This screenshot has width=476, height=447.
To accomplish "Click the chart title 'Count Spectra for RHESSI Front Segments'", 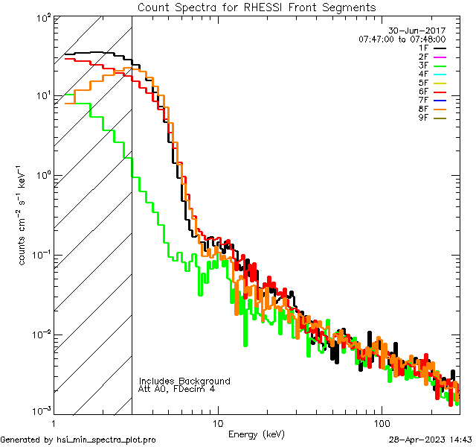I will point(257,7).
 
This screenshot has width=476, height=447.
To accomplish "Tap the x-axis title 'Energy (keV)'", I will point(257,434).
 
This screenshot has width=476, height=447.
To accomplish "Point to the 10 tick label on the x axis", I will point(217,422).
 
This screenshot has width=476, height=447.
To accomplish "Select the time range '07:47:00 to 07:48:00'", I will point(402,39).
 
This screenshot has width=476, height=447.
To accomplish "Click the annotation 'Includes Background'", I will point(184,381).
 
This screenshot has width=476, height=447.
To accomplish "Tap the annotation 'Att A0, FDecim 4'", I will point(177,389).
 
